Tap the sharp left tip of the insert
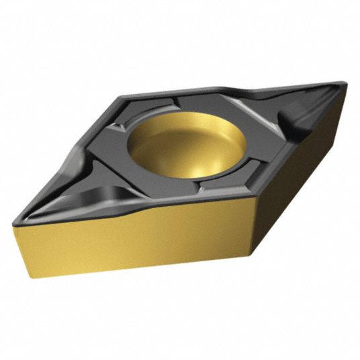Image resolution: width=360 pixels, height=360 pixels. pos(21,209)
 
